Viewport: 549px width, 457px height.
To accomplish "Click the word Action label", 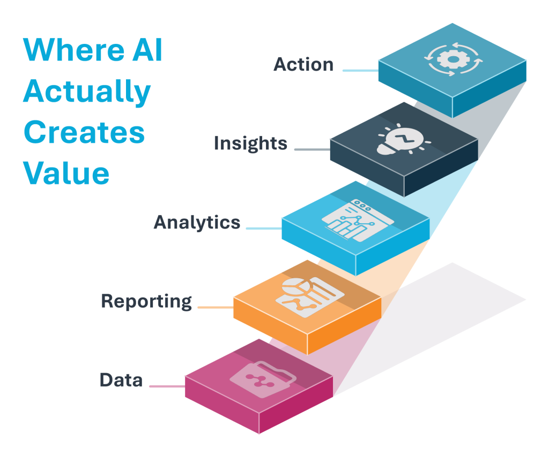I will (303, 65).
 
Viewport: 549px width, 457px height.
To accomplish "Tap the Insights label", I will (250, 143).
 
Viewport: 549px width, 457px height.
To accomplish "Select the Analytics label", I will (197, 223).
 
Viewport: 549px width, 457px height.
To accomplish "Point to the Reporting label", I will (146, 301).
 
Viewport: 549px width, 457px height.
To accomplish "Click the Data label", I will (121, 380).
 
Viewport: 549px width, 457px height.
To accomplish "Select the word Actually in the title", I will (86, 92).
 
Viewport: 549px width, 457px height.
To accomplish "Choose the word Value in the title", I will (66, 173).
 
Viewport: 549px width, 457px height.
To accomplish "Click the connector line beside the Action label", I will (360, 70).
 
